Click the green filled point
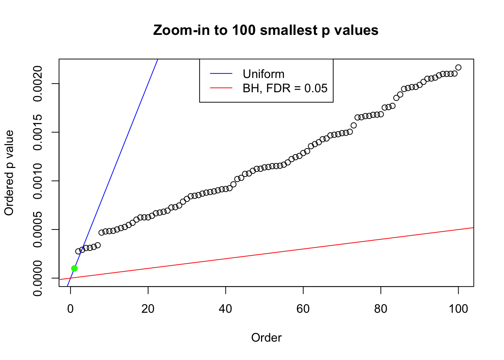[x=74, y=268]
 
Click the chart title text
[x=266, y=30]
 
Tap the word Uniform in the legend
[x=263, y=74]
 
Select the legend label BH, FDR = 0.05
[x=285, y=88]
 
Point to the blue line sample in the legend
[x=221, y=74]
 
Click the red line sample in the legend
[x=221, y=88]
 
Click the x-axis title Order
[x=266, y=337]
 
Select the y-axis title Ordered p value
[x=9, y=173]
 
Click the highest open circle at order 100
[x=458, y=67]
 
